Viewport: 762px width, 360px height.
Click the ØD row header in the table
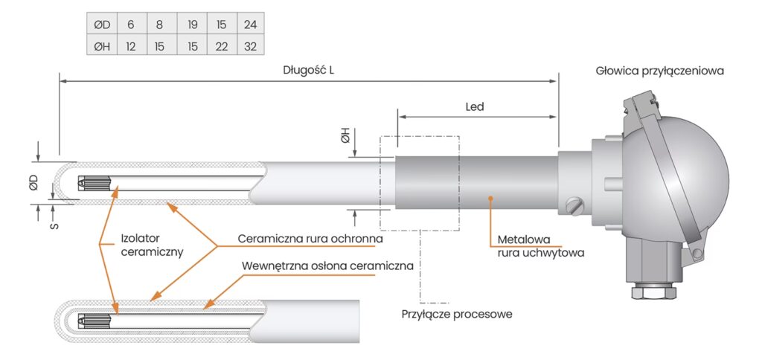pyautogui.click(x=101, y=25)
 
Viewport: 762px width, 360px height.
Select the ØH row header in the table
pyautogui.click(x=101, y=45)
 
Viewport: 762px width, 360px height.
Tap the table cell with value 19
pyautogui.click(x=193, y=25)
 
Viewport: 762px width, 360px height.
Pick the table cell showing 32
pyautogui.click(x=250, y=45)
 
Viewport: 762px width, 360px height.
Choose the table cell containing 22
pyautogui.click(x=222, y=45)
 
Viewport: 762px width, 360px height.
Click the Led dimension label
pyautogui.click(x=475, y=106)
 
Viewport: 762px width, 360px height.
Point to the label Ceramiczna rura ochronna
pyautogui.click(x=310, y=239)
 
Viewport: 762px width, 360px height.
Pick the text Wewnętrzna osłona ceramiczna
pyautogui.click(x=328, y=266)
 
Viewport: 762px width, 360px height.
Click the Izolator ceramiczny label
pyautogui.click(x=152, y=245)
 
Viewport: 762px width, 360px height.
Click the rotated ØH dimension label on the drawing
pyautogui.click(x=345, y=138)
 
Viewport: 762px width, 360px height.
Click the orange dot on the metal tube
pyautogui.click(x=490, y=198)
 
